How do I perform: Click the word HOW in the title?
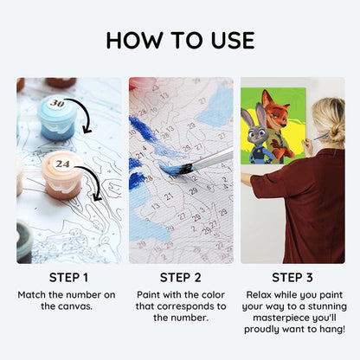click(x=135, y=40)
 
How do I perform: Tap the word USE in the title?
click(x=233, y=40)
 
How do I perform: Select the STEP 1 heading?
click(x=68, y=278)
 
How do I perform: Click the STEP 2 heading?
click(x=181, y=278)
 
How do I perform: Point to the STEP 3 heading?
click(x=292, y=278)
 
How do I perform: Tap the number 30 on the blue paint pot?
click(x=57, y=103)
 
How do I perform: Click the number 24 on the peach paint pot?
click(x=62, y=164)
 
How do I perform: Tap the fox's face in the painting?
click(x=276, y=111)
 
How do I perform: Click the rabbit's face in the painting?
click(x=260, y=132)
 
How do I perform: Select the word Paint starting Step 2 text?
click(x=148, y=295)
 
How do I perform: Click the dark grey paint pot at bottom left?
click(x=24, y=242)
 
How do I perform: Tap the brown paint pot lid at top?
click(x=61, y=82)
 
